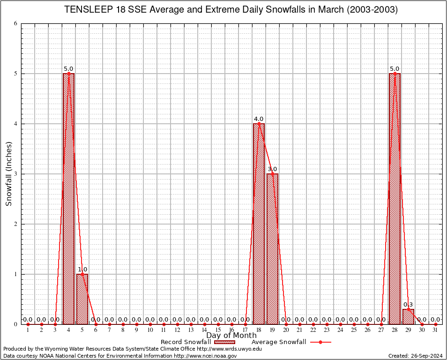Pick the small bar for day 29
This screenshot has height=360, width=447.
[408, 317]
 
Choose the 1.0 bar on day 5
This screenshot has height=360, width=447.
[82, 300]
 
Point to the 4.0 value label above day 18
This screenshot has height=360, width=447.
[259, 119]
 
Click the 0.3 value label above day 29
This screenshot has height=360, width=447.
[408, 305]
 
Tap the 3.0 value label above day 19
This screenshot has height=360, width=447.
[272, 169]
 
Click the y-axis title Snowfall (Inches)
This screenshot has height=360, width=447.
[8, 174]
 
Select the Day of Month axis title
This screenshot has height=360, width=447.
[231, 336]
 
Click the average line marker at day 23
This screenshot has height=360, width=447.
[327, 324]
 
